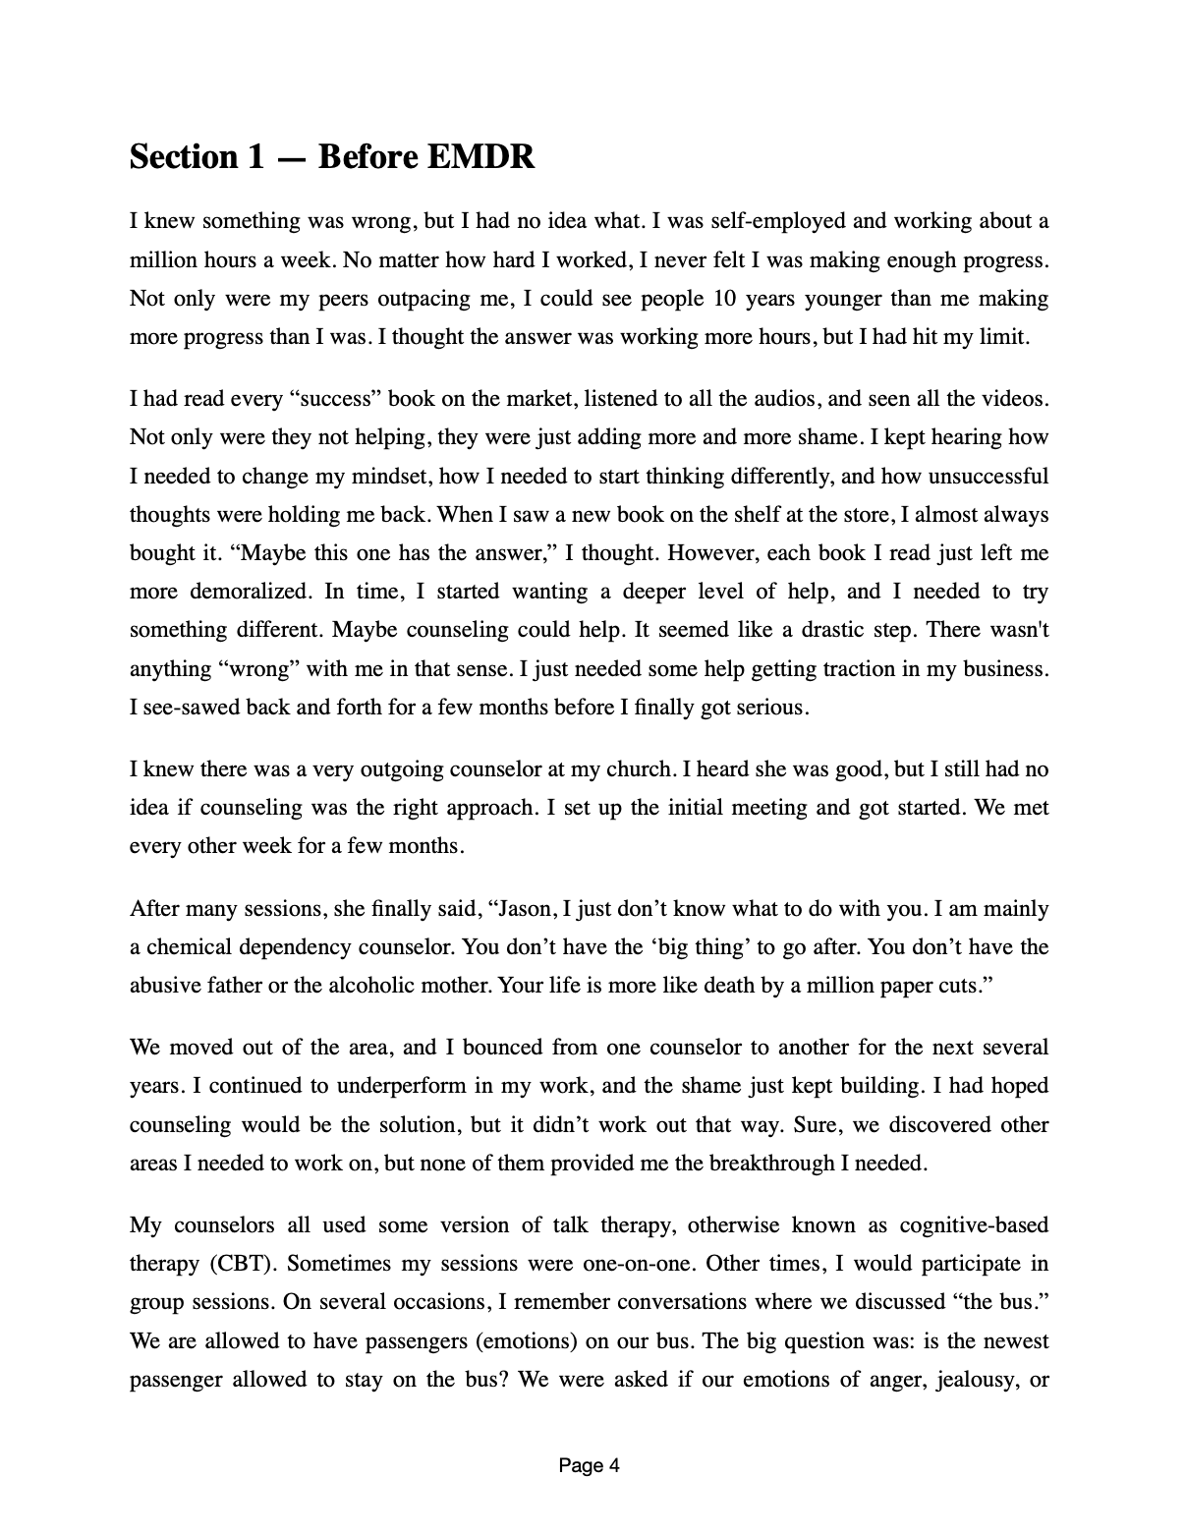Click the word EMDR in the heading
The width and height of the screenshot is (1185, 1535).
point(480,157)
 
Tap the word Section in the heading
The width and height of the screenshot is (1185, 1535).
point(184,157)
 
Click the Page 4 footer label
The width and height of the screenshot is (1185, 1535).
point(589,1466)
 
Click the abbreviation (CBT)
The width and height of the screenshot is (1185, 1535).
point(239,1264)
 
